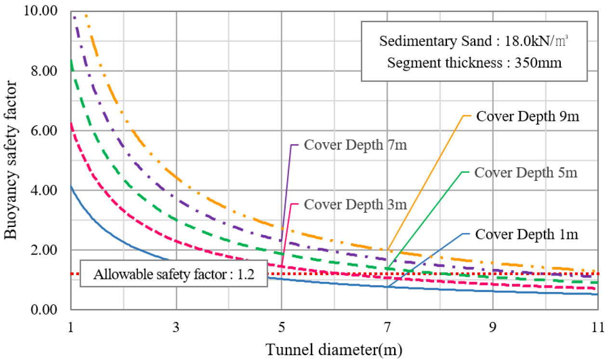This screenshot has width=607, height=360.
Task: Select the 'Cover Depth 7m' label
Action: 356,145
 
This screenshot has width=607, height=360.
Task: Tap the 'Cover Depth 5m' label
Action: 526,173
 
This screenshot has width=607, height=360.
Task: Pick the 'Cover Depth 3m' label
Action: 356,204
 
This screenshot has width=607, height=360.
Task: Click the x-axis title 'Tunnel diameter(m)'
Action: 334,348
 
